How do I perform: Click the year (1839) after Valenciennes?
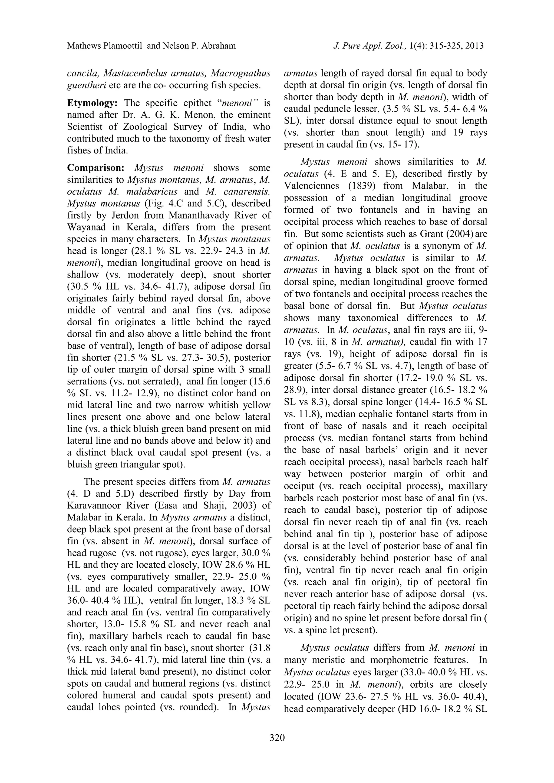pyautogui.click(x=364, y=186)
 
